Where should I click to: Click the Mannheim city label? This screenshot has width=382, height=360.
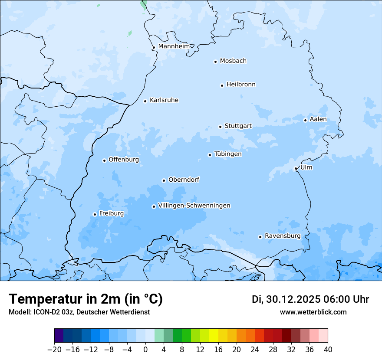tap(174, 46)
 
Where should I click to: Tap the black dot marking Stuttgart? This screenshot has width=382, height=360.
tap(220, 127)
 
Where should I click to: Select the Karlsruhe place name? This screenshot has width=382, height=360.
tap(164, 100)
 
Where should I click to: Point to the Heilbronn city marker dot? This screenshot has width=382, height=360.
tap(222, 85)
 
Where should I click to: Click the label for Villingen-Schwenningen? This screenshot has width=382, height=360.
tap(194, 206)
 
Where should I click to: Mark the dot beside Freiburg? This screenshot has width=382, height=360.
tap(95, 214)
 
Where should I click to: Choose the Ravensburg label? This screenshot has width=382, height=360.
tap(283, 236)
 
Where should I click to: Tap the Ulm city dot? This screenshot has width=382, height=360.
tap(296, 168)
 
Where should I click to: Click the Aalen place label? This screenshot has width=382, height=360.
tap(318, 119)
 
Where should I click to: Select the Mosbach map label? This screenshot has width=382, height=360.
tap(233, 61)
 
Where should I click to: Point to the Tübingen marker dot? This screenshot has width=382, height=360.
tap(210, 155)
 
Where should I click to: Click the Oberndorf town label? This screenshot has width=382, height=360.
tap(184, 180)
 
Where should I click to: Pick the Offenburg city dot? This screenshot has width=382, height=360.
tap(104, 160)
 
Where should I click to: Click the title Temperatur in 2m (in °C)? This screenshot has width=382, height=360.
tap(86, 299)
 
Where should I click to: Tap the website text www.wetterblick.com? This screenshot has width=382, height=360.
tap(313, 312)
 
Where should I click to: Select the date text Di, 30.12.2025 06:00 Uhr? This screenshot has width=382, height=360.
tap(310, 299)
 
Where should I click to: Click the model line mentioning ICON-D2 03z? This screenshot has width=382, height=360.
tap(79, 312)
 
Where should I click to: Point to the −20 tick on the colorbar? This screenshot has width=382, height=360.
tap(54, 350)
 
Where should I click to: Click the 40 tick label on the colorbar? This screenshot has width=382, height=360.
tap(328, 350)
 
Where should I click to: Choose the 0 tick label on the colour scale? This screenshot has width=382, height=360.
tap(145, 350)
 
